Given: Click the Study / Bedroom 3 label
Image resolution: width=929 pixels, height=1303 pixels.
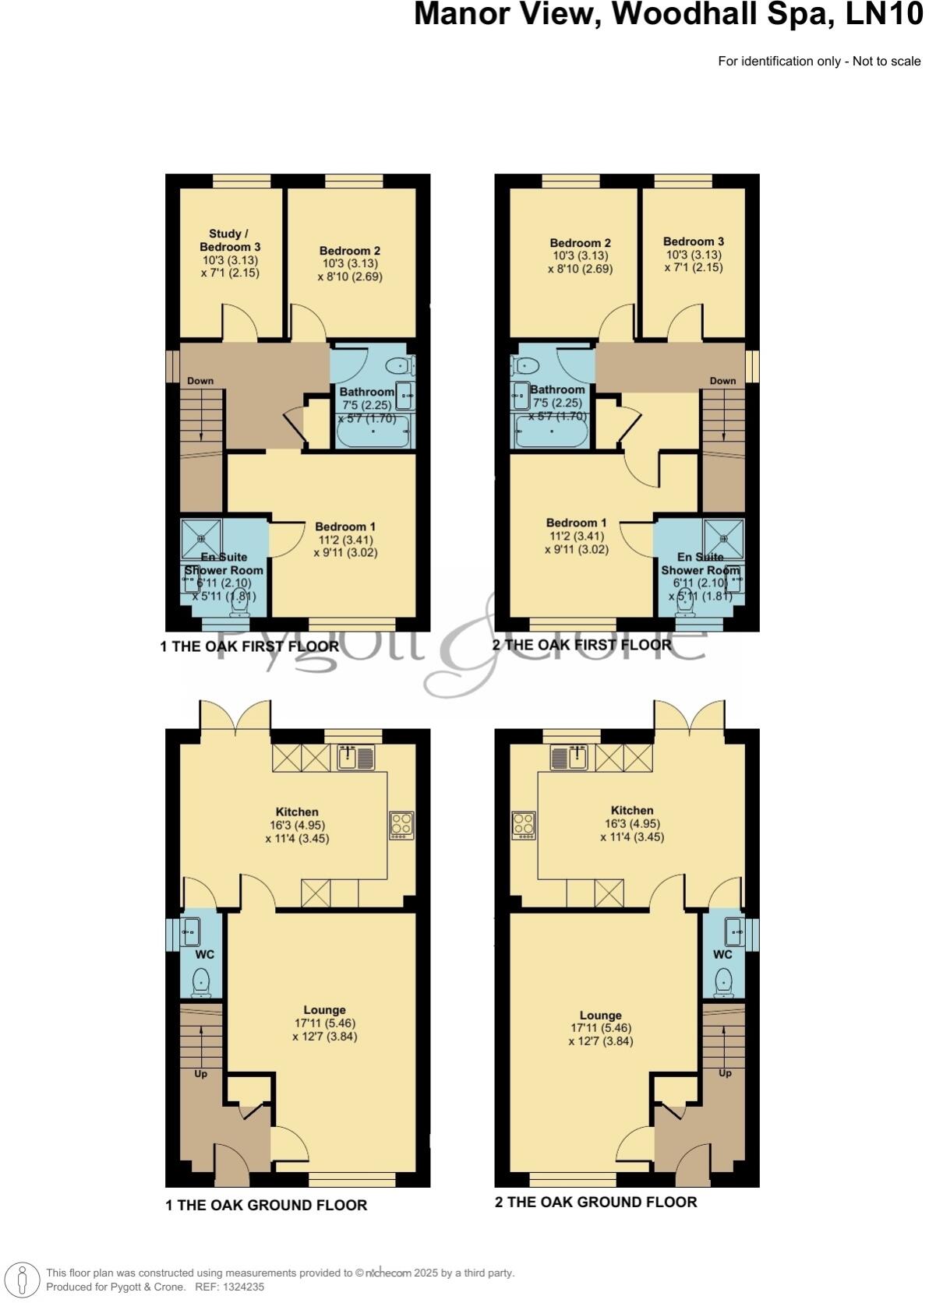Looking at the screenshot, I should pos(229,240).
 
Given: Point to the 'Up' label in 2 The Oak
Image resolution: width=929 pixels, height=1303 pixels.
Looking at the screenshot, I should pos(725,1073).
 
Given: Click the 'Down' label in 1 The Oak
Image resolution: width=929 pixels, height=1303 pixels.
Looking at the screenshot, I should pos(200,381).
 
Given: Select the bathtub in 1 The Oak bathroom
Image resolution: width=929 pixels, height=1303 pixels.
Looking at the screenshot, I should pos(372,433).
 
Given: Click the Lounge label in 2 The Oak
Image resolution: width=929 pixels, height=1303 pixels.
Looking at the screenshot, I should pos(600,1016).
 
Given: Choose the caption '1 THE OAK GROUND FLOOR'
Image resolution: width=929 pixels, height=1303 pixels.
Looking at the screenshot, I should pos(266,1205).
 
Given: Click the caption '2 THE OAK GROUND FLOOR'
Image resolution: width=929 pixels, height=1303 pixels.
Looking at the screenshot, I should pos(595,1202).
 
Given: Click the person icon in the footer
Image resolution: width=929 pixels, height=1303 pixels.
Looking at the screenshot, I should pos(23,1280).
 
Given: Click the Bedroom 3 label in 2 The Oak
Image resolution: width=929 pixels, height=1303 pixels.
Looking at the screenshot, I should pos(693,241).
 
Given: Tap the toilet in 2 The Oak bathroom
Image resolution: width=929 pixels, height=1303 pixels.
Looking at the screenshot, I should pos(527,364).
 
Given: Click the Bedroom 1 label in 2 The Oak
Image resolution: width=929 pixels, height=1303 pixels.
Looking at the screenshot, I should pos(576,523).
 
